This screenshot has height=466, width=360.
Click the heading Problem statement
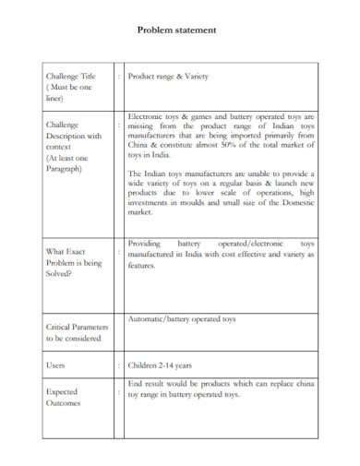177,30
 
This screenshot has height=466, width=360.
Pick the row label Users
56,364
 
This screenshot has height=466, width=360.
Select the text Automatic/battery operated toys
182,318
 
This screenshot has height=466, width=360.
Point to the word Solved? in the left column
62,274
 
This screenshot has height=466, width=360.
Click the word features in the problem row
143,264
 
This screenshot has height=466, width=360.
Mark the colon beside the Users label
118,364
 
